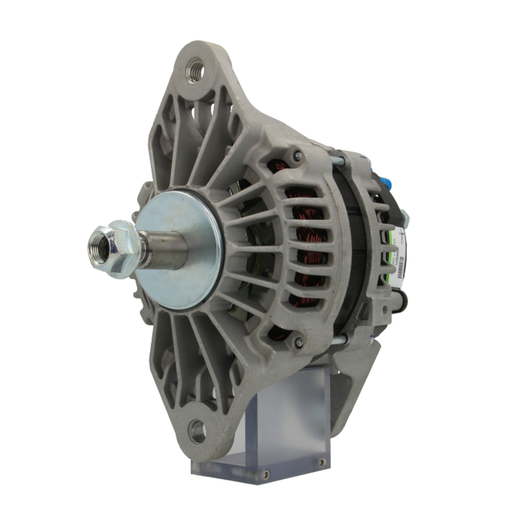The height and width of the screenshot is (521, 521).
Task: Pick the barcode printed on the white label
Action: click(x=400, y=274)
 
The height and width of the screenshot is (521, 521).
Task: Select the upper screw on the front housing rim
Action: click(x=297, y=155)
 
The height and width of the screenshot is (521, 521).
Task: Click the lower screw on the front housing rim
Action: click(x=299, y=342)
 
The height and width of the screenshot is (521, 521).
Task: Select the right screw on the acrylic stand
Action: click(x=321, y=462)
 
